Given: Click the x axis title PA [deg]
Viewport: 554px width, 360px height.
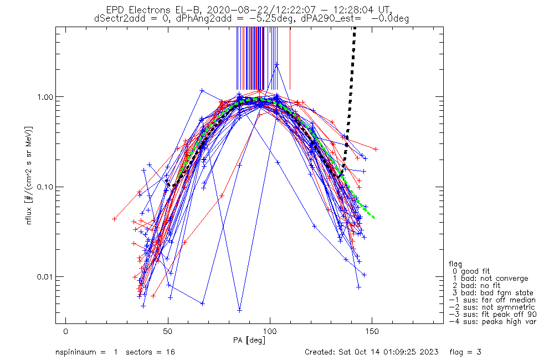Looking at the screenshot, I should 249,340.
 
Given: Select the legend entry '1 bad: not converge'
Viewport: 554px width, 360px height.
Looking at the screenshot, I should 490,279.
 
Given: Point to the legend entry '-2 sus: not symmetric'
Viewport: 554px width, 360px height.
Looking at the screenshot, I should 492,307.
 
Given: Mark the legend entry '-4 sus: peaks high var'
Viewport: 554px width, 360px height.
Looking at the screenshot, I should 492,321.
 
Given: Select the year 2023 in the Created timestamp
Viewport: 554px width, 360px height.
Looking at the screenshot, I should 430,352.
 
